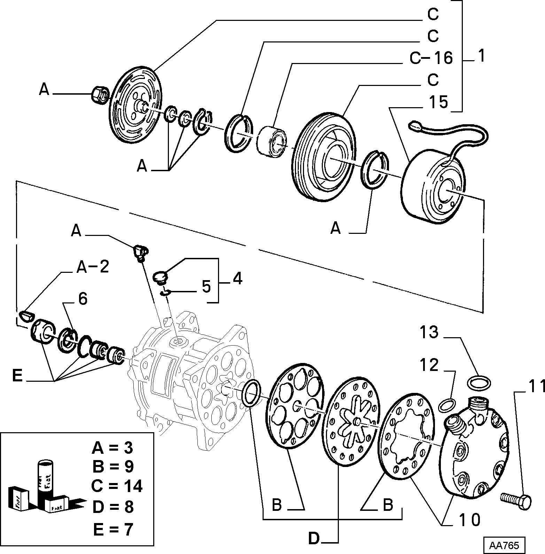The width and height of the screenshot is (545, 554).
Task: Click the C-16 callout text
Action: (431, 58)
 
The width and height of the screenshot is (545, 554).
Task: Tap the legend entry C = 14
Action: (117, 486)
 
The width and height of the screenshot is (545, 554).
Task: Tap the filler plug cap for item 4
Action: (161, 277)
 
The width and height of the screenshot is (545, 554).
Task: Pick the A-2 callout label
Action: (92, 267)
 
